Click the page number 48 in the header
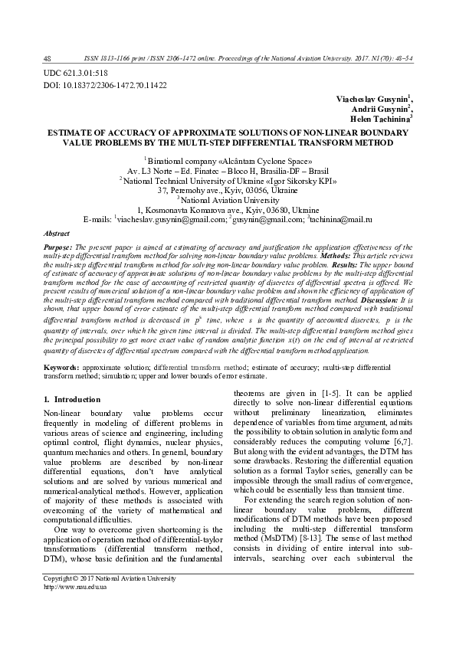coord(48,58)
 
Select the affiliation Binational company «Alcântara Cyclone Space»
coord(228,162)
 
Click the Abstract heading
coord(57,232)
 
